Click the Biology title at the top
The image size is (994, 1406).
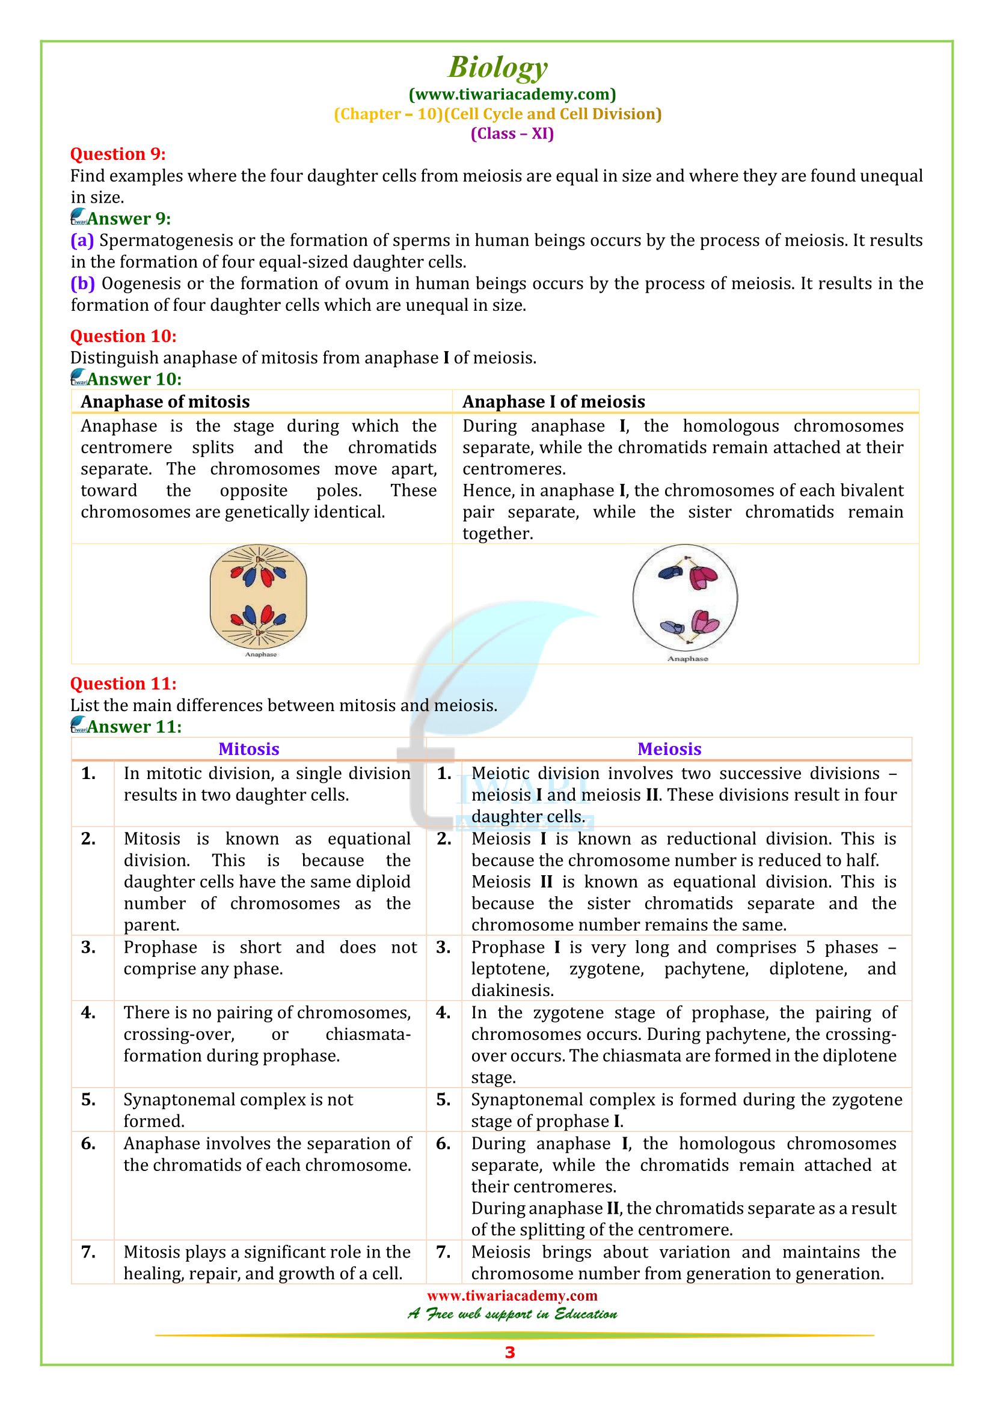point(497,67)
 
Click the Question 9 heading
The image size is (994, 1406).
point(118,154)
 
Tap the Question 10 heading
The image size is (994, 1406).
point(123,335)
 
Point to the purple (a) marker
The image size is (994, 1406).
point(82,240)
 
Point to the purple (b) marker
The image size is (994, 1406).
point(82,283)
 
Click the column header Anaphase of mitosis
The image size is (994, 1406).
point(165,401)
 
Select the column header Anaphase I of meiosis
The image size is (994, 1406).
point(553,401)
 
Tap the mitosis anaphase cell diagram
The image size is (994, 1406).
point(258,596)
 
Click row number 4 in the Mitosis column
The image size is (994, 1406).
point(88,1012)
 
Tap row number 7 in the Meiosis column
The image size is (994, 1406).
point(443,1252)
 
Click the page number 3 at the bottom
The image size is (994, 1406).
point(509,1352)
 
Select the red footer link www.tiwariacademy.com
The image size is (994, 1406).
point(512,1295)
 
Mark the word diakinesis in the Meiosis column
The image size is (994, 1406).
point(511,990)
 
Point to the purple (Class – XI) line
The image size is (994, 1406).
point(512,133)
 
